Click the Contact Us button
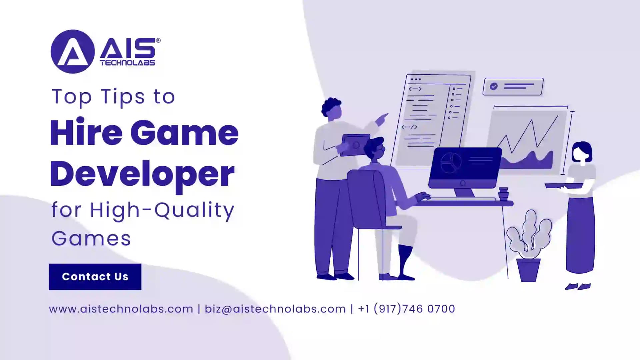click(95, 277)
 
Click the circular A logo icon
click(73, 52)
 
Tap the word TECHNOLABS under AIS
click(127, 63)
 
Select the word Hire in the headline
click(86, 133)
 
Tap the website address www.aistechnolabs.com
click(121, 309)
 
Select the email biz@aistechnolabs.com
click(275, 309)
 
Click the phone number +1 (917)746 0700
click(406, 309)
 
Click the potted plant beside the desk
click(529, 247)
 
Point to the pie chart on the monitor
click(451, 163)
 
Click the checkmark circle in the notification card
click(494, 86)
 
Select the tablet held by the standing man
click(355, 145)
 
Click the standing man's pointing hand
click(382, 118)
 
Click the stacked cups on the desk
click(503, 194)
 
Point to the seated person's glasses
click(382, 150)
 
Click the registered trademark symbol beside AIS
click(158, 40)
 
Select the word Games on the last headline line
click(91, 239)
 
